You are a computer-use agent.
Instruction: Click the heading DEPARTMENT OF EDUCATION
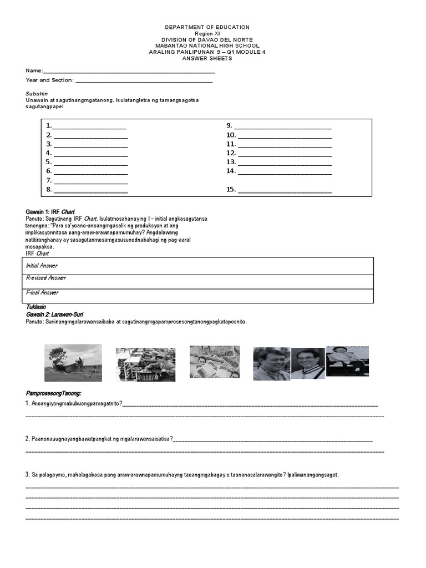point(207,27)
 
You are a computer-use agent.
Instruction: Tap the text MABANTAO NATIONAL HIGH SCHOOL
point(207,45)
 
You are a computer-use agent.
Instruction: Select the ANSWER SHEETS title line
point(207,58)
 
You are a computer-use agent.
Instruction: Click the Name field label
point(34,71)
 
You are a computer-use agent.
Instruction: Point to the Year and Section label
point(49,80)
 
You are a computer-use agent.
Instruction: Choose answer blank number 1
point(89,126)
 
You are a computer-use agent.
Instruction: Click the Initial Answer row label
point(42,266)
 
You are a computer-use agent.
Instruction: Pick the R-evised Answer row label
point(45,278)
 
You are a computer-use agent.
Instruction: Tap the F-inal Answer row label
point(42,292)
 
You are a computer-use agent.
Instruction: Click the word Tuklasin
point(36,307)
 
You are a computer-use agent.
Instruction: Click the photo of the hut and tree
point(73,363)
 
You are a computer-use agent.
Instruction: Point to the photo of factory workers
point(145,364)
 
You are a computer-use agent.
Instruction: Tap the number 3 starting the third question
point(27,475)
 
